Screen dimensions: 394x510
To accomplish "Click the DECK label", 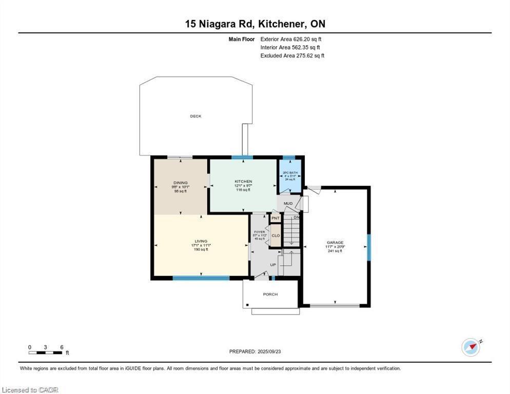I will [195, 116].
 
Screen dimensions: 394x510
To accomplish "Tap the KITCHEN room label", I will [243, 182].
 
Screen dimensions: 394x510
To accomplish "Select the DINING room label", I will [180, 183].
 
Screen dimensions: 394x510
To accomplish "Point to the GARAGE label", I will [335, 243].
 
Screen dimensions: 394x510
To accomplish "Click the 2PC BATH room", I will [290, 175].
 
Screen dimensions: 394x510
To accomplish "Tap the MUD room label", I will [288, 204].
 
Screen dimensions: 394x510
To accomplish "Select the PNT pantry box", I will [276, 219].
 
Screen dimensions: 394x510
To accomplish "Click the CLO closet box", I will [276, 235].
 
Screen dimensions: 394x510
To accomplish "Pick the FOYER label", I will [260, 232].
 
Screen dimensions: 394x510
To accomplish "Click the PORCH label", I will [270, 294].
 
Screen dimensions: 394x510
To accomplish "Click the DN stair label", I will [296, 218].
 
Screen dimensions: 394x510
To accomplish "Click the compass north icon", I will [471, 347].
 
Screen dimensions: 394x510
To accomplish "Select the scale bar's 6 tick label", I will [62, 347].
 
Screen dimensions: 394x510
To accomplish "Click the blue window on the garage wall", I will [368, 247].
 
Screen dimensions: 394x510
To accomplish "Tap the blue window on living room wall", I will [201, 278].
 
